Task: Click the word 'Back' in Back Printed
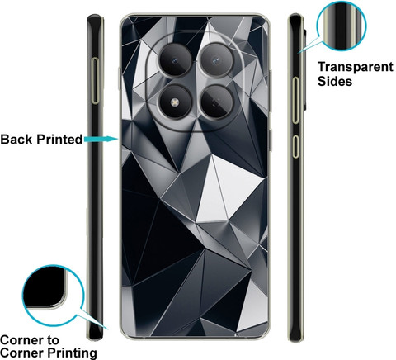click(x=16, y=140)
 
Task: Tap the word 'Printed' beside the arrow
click(x=59, y=140)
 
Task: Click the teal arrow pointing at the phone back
click(x=101, y=139)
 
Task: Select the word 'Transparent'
click(x=356, y=67)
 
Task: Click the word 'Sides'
click(x=335, y=81)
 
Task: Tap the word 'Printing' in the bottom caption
click(x=72, y=353)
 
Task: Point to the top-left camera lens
click(x=175, y=60)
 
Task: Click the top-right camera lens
click(x=216, y=59)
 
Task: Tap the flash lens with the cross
click(x=174, y=102)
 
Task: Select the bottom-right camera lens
click(x=216, y=102)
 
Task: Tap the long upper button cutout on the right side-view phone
click(x=295, y=100)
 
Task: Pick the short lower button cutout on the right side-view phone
click(x=295, y=146)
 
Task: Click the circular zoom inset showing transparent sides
click(x=342, y=26)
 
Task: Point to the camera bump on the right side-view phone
click(x=304, y=69)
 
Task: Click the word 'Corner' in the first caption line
click(x=21, y=340)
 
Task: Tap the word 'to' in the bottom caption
click(x=52, y=341)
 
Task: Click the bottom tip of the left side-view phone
click(x=96, y=339)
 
